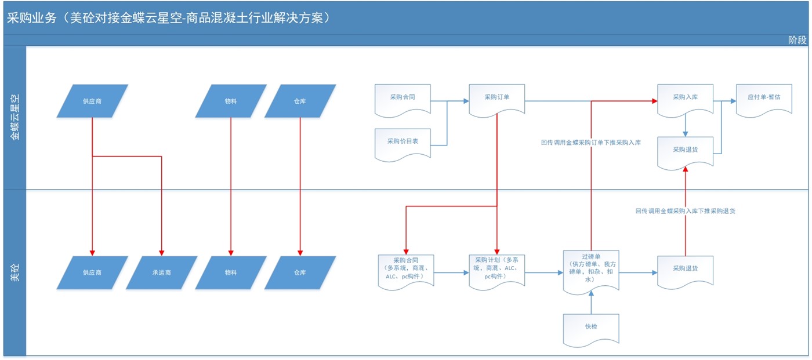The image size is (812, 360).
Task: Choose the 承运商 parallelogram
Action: pos(161,272)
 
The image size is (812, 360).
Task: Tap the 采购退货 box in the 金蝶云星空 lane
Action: pos(685,151)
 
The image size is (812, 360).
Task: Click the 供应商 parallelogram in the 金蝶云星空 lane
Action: pos(92,101)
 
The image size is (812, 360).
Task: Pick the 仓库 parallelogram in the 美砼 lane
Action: pos(300,272)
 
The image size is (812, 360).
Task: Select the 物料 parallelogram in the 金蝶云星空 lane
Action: pos(231,101)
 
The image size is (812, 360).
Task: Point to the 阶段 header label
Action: pos(797,40)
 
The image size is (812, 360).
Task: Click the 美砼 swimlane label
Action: pos(14,272)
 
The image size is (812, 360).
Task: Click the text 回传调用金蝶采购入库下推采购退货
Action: pos(685,212)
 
